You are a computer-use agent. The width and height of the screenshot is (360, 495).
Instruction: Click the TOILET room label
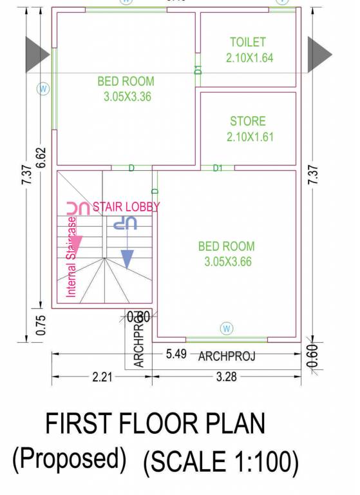pyautogui.click(x=248, y=43)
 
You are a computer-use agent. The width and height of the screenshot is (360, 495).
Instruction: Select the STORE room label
pyautogui.click(x=248, y=121)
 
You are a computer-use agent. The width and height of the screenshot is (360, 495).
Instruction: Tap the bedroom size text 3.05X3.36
pyautogui.click(x=126, y=97)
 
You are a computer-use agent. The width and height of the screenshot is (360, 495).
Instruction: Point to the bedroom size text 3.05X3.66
pyautogui.click(x=226, y=262)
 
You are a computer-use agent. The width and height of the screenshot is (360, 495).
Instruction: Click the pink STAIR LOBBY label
pyautogui.click(x=126, y=207)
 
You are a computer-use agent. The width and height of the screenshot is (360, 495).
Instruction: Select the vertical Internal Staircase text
pyautogui.click(x=71, y=257)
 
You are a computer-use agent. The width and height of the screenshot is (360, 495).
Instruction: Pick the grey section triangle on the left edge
pyautogui.click(x=37, y=55)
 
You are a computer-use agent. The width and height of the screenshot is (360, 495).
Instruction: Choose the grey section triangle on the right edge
pyautogui.click(x=319, y=55)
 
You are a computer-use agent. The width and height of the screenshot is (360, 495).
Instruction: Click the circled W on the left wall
pyautogui.click(x=43, y=89)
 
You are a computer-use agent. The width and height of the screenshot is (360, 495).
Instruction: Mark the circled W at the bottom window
pyautogui.click(x=226, y=328)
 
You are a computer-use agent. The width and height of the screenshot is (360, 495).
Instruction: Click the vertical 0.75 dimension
pyautogui.click(x=41, y=325)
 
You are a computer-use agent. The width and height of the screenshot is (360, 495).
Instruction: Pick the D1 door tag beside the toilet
pyautogui.click(x=198, y=68)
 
